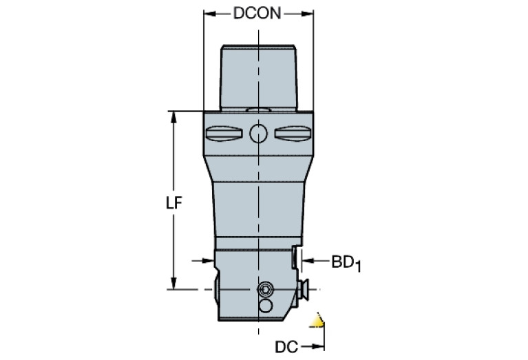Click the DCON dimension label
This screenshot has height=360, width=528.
click(x=257, y=14)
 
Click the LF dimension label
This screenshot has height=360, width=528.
click(x=174, y=203)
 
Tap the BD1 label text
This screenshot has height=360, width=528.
click(x=346, y=263)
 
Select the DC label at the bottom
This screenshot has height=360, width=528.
click(x=286, y=347)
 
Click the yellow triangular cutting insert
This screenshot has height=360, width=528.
click(x=317, y=321)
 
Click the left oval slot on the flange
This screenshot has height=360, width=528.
click(x=224, y=134)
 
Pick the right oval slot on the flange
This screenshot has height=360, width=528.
click(x=293, y=134)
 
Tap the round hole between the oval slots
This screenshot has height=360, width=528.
click(x=258, y=134)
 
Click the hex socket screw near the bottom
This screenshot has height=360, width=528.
click(x=265, y=289)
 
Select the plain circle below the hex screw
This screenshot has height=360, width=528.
click(x=266, y=306)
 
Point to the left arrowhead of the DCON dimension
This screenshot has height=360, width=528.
click(x=209, y=14)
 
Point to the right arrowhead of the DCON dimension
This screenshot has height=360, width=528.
click(x=308, y=14)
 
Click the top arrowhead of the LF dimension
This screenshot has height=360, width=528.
click(x=173, y=117)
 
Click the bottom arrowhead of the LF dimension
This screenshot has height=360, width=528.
click(x=173, y=283)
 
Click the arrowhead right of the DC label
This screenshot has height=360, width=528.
click(x=318, y=346)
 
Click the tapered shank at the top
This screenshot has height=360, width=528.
click(x=259, y=78)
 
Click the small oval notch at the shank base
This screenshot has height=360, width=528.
click(x=258, y=109)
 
